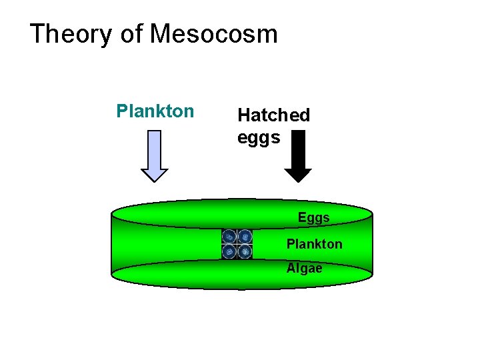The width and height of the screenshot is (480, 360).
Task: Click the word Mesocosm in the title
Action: point(214,33)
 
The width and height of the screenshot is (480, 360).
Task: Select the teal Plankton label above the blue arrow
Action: point(155,111)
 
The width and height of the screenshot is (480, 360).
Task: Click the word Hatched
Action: point(273,115)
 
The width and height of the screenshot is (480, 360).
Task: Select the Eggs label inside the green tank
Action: point(313,218)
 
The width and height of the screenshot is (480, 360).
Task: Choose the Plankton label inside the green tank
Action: point(314,244)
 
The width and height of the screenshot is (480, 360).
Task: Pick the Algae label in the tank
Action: point(304,268)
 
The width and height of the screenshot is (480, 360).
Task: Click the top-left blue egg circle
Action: point(229,237)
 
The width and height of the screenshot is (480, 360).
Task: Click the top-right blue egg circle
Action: point(245,237)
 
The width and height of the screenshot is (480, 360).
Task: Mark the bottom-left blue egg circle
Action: point(229,251)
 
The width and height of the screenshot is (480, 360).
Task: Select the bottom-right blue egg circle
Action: point(245,251)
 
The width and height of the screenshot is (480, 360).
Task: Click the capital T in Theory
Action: point(37,33)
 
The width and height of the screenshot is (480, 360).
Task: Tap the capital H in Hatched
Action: point(244,115)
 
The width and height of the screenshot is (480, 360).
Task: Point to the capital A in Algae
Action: point(291,268)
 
